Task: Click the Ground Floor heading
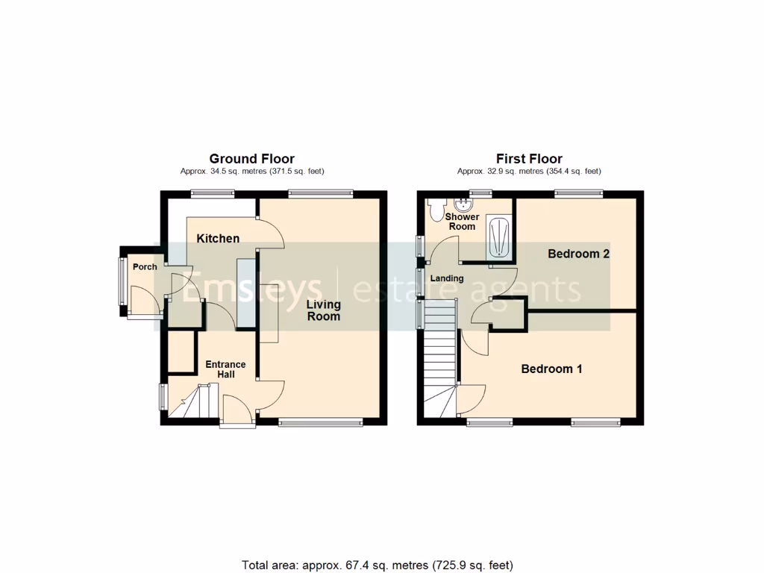[x=251, y=159]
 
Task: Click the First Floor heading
[x=529, y=159]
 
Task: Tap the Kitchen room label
[x=218, y=239]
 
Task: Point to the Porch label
[x=145, y=267]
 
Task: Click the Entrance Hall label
[x=225, y=369]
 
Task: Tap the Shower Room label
[x=462, y=222]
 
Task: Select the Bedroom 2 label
[x=579, y=254]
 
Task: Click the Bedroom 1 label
[x=551, y=369]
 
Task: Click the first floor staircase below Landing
[x=440, y=358]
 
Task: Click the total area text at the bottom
[x=378, y=565]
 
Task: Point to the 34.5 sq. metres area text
[x=251, y=172]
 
